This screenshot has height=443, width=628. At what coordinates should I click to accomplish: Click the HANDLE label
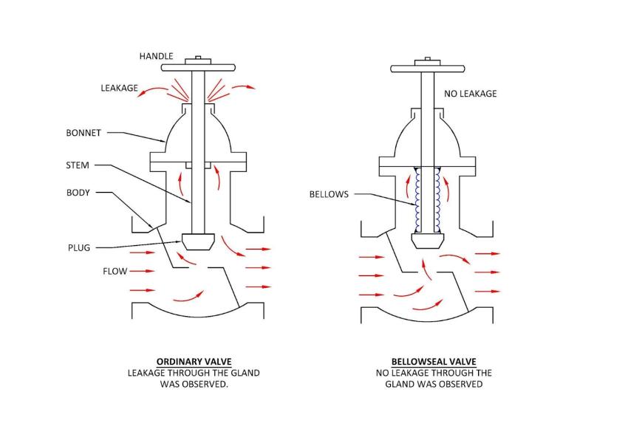(156, 56)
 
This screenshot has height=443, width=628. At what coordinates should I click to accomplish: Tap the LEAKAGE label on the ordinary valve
(120, 88)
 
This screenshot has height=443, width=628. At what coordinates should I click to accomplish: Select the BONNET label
(83, 133)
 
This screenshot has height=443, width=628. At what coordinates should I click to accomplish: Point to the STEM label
(78, 165)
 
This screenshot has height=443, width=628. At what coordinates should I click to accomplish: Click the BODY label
(78, 193)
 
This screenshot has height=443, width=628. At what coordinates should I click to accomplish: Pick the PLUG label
(79, 248)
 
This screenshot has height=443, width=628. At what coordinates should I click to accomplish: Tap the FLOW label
(115, 271)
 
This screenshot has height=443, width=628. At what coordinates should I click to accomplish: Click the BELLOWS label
(329, 194)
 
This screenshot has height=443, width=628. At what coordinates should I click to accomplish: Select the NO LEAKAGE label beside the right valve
(470, 94)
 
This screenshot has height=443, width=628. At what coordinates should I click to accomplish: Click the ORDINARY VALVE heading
(194, 362)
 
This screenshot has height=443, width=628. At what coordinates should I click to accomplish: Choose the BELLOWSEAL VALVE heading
(434, 362)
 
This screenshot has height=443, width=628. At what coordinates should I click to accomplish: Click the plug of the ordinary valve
(198, 241)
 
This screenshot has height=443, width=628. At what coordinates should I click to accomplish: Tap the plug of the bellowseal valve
(428, 241)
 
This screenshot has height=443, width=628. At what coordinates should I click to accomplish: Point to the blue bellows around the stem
(428, 199)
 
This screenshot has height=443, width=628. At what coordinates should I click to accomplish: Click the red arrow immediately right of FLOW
(142, 271)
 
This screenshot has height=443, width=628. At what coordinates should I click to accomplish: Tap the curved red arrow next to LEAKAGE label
(153, 92)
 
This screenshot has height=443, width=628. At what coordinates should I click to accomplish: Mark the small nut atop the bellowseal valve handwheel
(428, 59)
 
